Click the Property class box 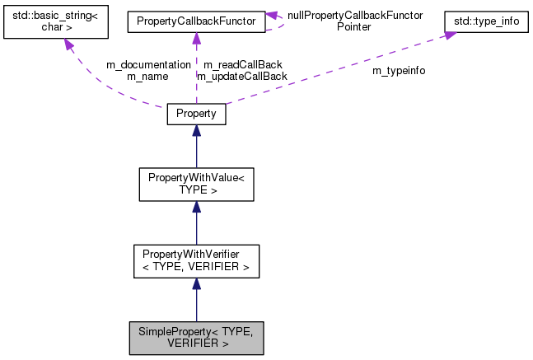pos(196,114)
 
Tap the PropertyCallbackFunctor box pos(196,21)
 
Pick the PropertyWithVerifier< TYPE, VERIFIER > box pos(196,261)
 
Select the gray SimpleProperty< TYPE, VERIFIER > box pos(196,338)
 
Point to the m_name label pos(147,76)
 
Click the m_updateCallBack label pos(242,76)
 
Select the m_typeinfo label pos(400,71)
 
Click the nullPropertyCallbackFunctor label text pos(354,15)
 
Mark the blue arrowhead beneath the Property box pos(196,131)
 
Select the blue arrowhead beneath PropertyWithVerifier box pos(196,284)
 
